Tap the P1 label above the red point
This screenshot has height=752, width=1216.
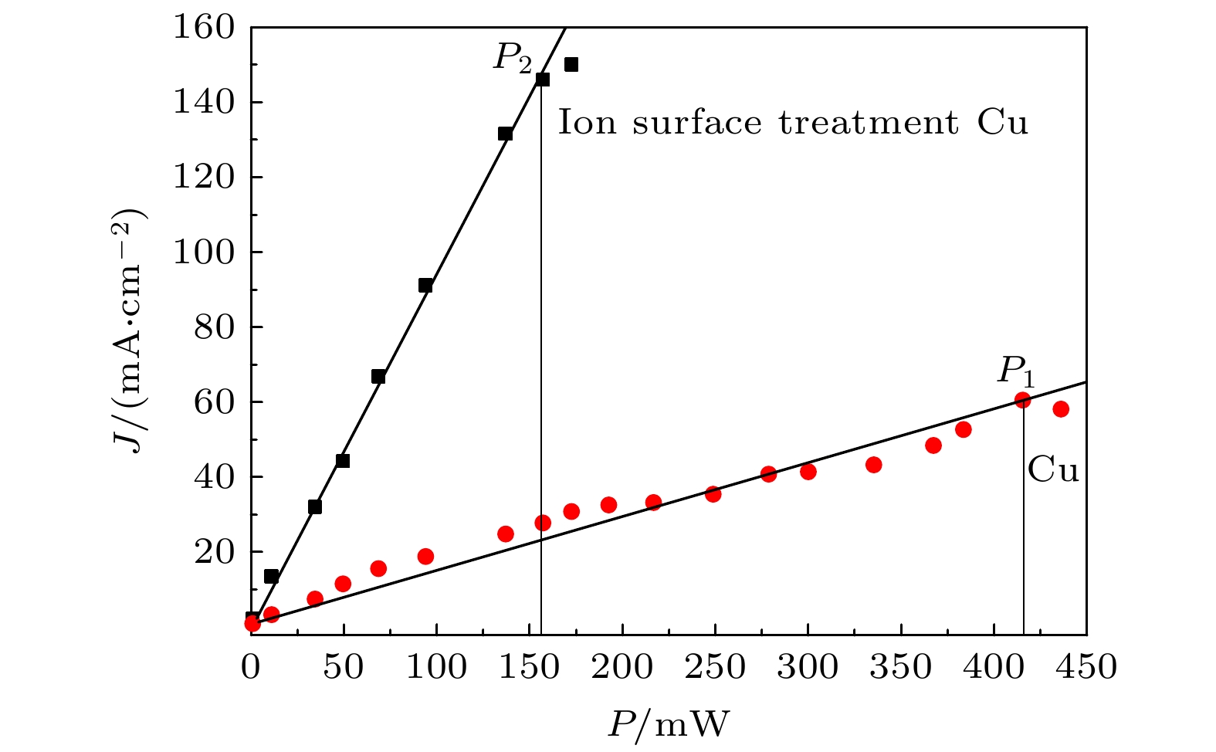point(1015,372)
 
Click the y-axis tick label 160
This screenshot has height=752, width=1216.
point(202,28)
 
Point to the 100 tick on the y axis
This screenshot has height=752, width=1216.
point(202,252)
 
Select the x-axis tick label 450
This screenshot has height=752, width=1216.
point(1086,667)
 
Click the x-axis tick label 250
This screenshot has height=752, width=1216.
point(715,667)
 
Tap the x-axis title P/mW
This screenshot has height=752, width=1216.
point(669,724)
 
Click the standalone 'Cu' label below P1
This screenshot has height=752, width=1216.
point(1053,470)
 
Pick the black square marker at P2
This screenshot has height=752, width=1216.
point(543,79)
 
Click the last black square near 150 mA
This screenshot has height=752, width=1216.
point(571,64)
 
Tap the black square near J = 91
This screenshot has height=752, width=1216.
point(425,285)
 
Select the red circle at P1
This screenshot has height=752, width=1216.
point(1022,400)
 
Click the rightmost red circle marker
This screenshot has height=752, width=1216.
point(1060,408)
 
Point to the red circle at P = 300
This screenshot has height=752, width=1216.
point(808,471)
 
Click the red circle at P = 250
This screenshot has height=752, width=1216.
point(713,493)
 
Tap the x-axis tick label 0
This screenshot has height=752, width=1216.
point(251,667)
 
